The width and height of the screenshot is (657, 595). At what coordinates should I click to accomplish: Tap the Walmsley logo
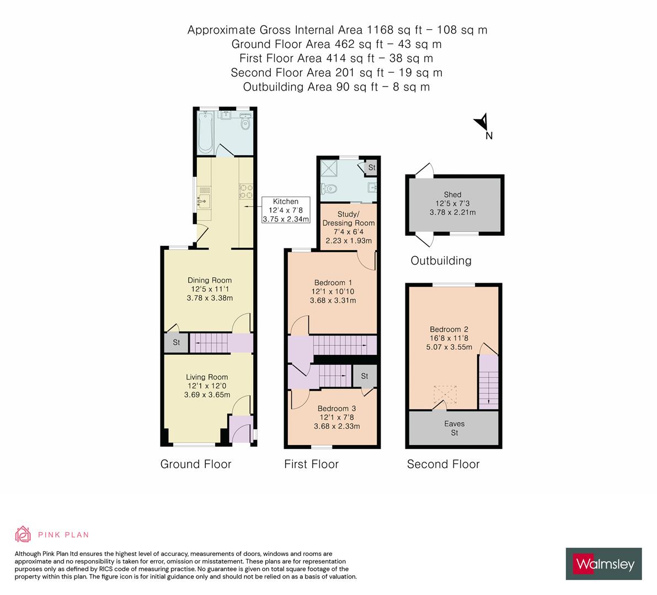tap(603, 564)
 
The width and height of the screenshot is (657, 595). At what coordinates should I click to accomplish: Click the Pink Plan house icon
tap(23, 534)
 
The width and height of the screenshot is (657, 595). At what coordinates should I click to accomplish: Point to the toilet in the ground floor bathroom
tap(245, 123)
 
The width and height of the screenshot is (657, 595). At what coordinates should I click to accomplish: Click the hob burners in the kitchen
tap(245, 191)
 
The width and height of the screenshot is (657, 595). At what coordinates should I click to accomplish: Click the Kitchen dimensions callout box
tap(286, 210)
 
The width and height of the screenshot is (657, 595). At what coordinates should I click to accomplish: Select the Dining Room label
tap(210, 280)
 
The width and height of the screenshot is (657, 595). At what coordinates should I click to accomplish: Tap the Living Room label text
tap(207, 377)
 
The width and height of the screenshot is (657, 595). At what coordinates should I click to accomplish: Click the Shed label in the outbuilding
tap(452, 194)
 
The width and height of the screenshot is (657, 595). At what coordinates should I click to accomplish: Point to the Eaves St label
tap(454, 428)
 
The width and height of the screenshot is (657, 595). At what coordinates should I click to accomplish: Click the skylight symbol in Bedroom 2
tap(445, 394)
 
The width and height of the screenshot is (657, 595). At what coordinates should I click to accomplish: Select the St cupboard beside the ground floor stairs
tap(177, 342)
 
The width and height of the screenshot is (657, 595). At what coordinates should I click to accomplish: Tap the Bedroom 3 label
tap(336, 408)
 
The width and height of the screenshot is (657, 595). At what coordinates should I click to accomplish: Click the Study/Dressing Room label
tap(349, 218)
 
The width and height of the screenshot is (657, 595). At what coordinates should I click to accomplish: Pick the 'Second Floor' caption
tap(444, 464)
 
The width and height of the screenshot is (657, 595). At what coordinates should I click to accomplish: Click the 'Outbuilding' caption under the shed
tap(441, 261)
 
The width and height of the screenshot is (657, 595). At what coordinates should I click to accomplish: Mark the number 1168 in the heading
tap(380, 30)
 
